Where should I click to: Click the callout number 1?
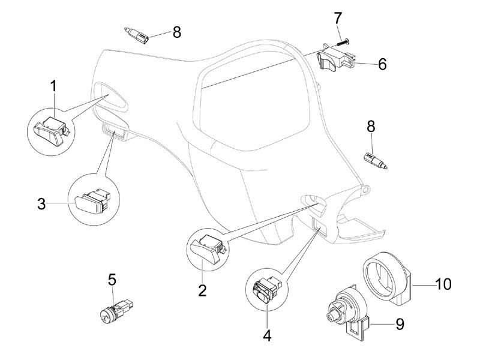pos(53,86)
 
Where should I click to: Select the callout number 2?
pos(202,290)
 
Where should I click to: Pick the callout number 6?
pos(382,64)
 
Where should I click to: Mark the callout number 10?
pos(443,284)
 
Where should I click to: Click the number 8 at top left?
pos(176,32)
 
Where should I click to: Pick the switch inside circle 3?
pos(91,202)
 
